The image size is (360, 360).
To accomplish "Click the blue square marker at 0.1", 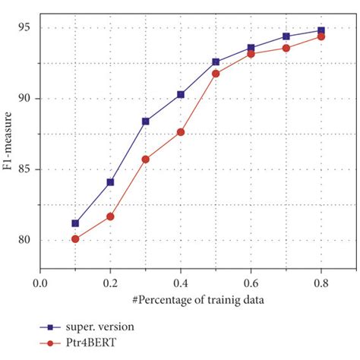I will pos(75,223).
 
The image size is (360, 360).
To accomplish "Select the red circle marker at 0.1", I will pos(75,238).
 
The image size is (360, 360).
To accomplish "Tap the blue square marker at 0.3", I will pos(146,121).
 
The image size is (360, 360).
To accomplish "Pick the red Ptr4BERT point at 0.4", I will pos(181,132).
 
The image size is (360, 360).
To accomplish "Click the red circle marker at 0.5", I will pos(216,74).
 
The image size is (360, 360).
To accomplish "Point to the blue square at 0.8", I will pos(321,30).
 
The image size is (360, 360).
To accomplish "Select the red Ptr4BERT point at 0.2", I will pos(110,216).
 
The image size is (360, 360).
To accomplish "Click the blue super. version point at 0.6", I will pos(251,48).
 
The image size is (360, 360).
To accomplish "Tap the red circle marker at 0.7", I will pos(286,48).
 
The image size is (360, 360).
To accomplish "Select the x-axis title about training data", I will pos(181,300).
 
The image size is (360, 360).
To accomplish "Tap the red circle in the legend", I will pos(49,343).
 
